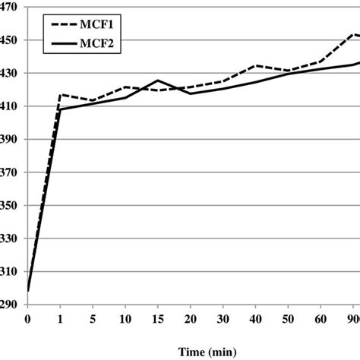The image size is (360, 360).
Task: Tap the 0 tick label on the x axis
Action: [x=27, y=319]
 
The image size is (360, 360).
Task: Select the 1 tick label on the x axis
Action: [x=60, y=319]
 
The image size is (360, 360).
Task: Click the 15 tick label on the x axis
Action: [x=157, y=319]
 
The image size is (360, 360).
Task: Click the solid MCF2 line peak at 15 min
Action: [x=157, y=81]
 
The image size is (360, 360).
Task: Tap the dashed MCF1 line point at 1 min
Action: [x=60, y=95]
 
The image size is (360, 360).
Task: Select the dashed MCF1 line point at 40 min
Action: [x=256, y=65]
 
